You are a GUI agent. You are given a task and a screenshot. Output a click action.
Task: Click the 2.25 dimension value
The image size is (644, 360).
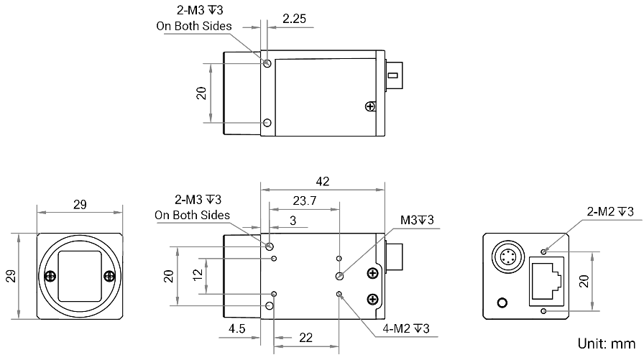[294, 19]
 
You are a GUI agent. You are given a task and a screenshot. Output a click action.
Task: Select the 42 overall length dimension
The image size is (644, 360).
[323, 181]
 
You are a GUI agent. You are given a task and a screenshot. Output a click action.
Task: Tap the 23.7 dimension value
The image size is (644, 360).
[304, 200]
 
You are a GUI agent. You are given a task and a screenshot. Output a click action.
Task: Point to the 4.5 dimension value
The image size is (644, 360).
[237, 329]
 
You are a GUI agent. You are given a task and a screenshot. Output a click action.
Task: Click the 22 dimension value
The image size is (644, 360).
[305, 338]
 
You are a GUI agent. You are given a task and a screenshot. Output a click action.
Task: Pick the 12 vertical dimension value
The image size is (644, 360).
[198, 274]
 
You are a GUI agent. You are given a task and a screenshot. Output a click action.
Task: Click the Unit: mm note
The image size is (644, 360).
[606, 343]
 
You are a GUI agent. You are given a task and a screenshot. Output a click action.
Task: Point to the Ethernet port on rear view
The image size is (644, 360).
[546, 282]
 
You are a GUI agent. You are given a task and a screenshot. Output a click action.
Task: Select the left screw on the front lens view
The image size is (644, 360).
[50, 276]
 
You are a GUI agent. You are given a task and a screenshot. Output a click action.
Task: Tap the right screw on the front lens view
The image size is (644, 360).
[109, 276]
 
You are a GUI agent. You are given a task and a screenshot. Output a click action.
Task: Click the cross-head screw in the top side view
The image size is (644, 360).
[370, 107]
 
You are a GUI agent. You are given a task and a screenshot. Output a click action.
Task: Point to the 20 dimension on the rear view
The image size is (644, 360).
[584, 281]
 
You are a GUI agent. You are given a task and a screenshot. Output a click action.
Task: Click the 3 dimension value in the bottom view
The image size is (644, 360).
[293, 221]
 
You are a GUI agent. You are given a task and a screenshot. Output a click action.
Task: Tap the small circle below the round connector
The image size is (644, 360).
[502, 303]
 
